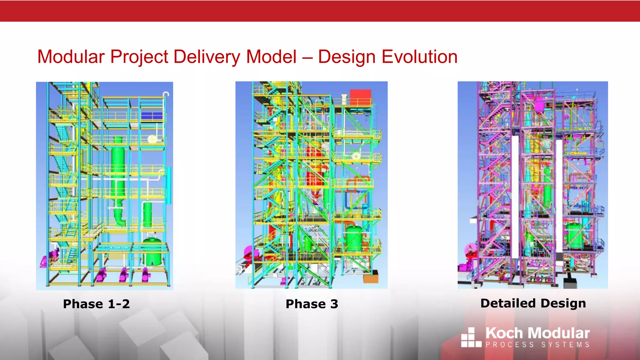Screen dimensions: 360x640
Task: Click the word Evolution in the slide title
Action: [419, 57]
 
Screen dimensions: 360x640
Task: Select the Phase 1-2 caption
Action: [96, 304]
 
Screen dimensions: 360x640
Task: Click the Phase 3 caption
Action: [312, 304]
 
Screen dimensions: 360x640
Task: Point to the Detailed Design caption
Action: [533, 303]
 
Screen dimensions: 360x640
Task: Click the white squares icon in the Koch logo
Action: [471, 337]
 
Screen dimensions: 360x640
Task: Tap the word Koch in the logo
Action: [504, 333]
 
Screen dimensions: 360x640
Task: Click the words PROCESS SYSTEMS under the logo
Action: [537, 345]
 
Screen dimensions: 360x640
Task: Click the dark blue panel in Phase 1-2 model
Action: [152, 116]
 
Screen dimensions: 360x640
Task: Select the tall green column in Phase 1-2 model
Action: [118, 169]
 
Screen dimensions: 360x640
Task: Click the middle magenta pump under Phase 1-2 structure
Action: [124, 274]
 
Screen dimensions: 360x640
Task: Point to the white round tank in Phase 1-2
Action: [152, 139]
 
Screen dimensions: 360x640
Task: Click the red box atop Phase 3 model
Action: [360, 97]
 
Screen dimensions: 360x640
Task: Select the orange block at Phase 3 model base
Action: [371, 277]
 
